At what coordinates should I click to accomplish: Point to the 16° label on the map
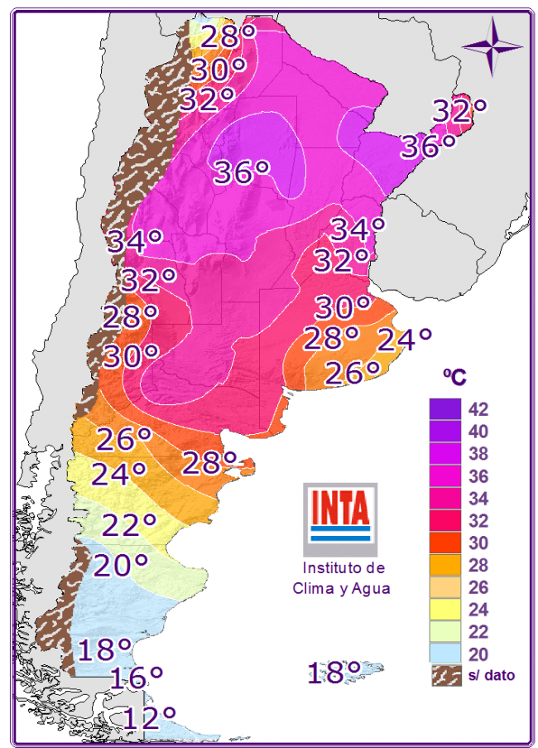(136, 678)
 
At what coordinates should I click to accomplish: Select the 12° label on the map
(149, 717)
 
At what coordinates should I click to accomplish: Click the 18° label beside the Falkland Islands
(334, 672)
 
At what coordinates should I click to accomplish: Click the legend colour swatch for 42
(444, 409)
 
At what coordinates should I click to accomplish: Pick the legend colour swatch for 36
(444, 476)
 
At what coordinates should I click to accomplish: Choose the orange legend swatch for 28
(444, 566)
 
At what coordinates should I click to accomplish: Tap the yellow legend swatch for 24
(444, 610)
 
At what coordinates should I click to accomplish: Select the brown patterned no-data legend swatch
(444, 675)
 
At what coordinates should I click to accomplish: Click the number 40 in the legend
(478, 432)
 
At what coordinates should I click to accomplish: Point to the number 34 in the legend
(478, 499)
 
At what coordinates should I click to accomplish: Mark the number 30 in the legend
(478, 543)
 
